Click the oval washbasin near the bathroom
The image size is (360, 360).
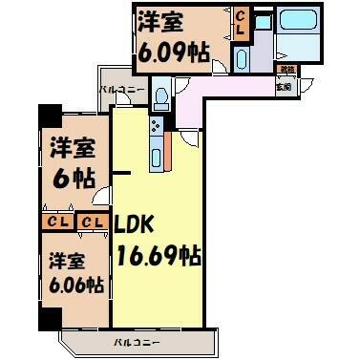pyautogui.click(x=240, y=58)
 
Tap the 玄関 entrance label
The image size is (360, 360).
pyautogui.click(x=285, y=87)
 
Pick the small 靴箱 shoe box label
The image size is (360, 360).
pyautogui.click(x=286, y=71)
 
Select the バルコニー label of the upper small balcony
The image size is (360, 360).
pyautogui.click(x=121, y=91)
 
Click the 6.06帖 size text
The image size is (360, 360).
pyautogui.click(x=74, y=284)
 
